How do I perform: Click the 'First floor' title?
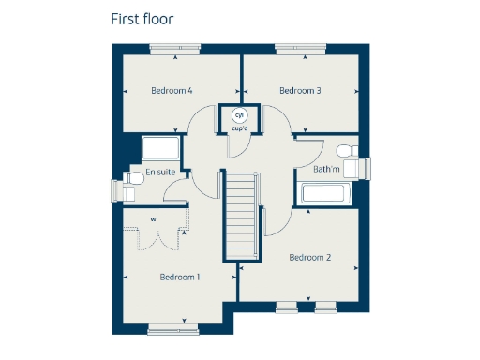(x=142, y=19)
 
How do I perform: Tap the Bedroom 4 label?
(x=172, y=91)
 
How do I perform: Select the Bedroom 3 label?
(x=300, y=91)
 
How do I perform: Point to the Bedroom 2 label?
(x=310, y=257)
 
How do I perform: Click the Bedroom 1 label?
(x=180, y=277)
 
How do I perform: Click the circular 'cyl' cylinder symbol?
(x=239, y=114)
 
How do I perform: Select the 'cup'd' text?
(x=239, y=127)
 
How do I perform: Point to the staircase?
(x=241, y=216)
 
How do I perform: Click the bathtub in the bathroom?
(x=324, y=194)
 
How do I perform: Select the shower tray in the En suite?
(x=159, y=148)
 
